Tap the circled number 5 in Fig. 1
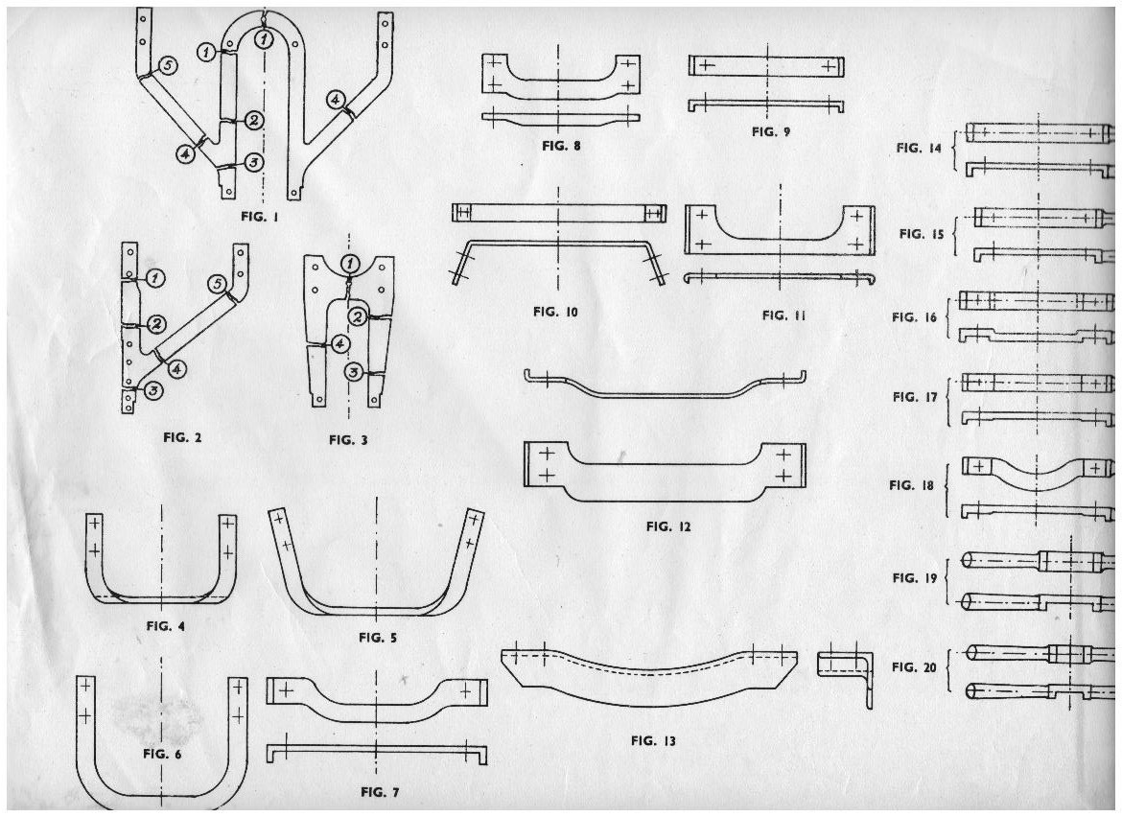click(x=167, y=65)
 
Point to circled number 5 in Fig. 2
click(x=217, y=284)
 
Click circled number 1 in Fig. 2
click(x=156, y=277)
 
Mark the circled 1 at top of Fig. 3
click(x=351, y=262)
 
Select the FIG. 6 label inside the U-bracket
click(x=163, y=753)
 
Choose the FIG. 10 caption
click(x=556, y=312)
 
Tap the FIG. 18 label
click(x=915, y=485)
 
